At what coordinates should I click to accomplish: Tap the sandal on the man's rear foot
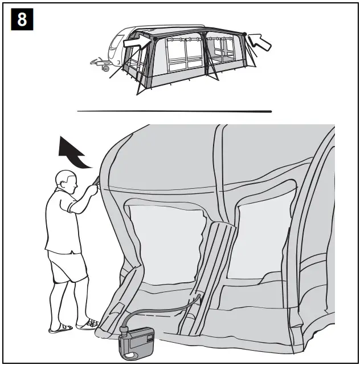pos(59,328)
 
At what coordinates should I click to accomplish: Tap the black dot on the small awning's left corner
pos(154,39)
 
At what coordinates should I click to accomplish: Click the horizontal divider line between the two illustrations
pos(174,111)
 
